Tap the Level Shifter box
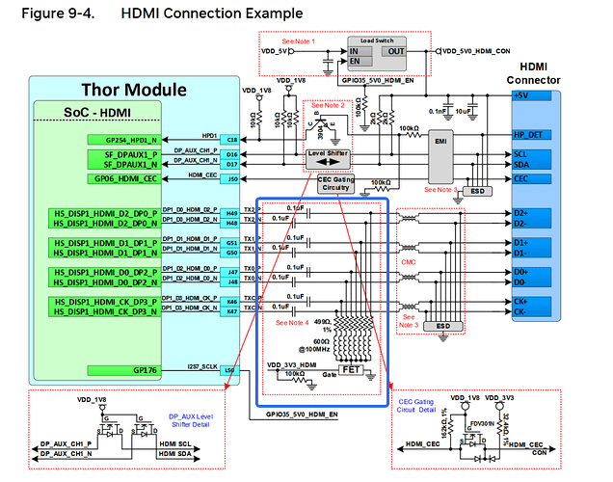328,158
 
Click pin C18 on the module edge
231,140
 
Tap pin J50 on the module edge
231,178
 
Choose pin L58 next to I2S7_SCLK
231,370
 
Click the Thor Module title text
134,90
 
